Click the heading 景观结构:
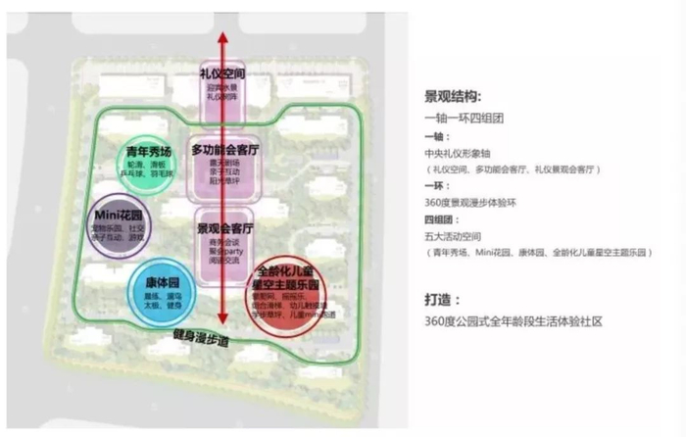click(453, 98)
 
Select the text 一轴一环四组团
click(455, 118)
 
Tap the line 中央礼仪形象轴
click(456, 152)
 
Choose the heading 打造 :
click(443, 300)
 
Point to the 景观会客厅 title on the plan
click(224, 227)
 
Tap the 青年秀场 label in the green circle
click(148, 152)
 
